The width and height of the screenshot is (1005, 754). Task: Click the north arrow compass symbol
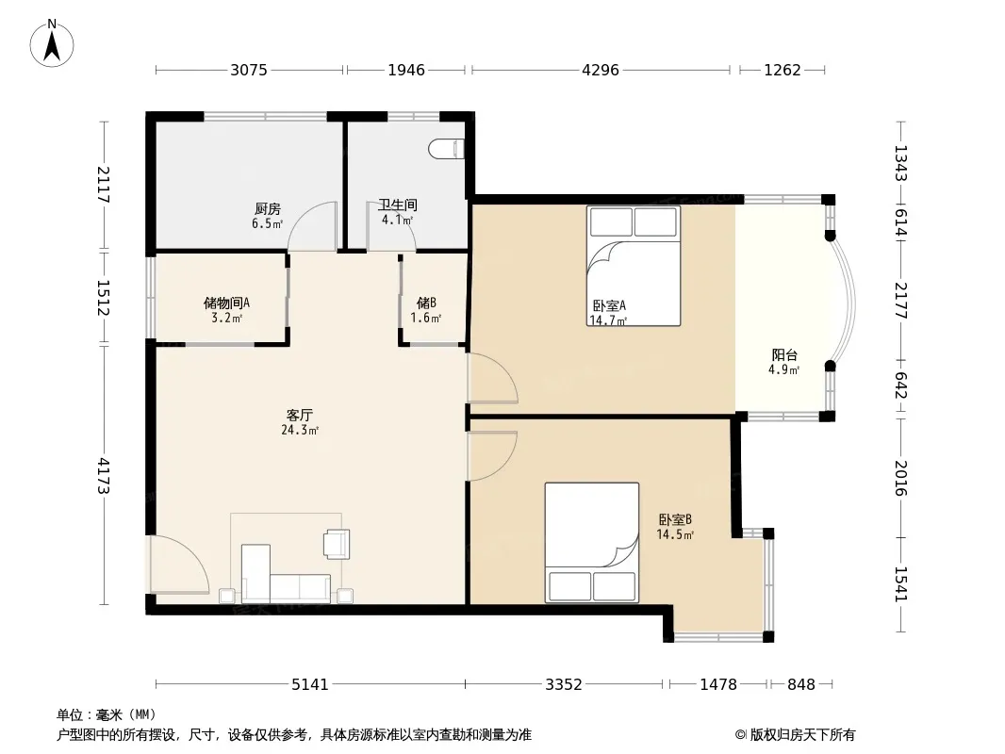[x=52, y=42]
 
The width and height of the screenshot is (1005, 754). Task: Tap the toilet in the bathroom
[x=446, y=149]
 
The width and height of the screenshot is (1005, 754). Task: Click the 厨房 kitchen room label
[x=267, y=208]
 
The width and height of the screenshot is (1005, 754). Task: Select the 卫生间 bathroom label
[x=398, y=205]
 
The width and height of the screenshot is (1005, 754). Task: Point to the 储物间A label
[x=226, y=303]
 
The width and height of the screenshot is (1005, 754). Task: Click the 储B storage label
[x=426, y=303]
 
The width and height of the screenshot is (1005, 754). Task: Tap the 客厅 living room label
[x=299, y=415]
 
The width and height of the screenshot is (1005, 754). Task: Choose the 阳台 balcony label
[x=783, y=355]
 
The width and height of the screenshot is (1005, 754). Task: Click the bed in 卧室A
[x=634, y=266]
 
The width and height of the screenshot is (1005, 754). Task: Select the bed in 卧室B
[x=591, y=543]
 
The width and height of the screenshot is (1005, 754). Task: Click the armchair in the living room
[x=338, y=544]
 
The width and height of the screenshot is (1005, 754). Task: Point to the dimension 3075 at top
[x=249, y=70]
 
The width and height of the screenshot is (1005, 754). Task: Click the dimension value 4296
[x=601, y=70]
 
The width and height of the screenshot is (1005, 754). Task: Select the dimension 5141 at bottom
[x=310, y=685]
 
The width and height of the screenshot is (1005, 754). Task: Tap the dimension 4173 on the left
[x=104, y=476]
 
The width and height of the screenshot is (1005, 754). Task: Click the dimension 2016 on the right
[x=901, y=478]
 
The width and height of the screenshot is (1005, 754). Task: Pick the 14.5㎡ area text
[x=675, y=534]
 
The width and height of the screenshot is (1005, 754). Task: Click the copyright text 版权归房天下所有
[x=802, y=735]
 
